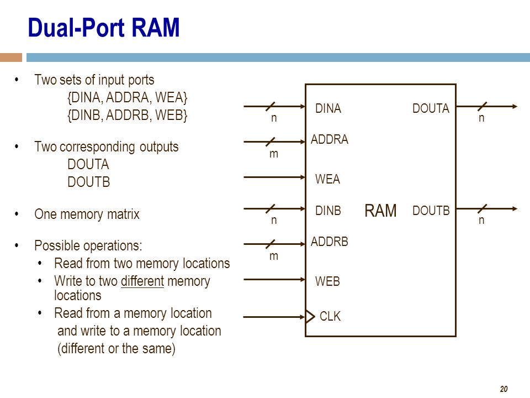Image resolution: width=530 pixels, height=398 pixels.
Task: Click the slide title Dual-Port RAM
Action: (x=103, y=28)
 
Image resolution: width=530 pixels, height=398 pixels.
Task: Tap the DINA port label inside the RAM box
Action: (x=328, y=109)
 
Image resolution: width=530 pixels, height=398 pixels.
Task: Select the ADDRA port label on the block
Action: (x=330, y=139)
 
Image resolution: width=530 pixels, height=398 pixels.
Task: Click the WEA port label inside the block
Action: (x=327, y=179)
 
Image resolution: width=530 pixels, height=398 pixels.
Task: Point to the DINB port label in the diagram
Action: (x=328, y=211)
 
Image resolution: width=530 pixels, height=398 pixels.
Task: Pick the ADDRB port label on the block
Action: (x=330, y=242)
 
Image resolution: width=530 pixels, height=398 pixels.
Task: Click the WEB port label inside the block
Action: (x=327, y=281)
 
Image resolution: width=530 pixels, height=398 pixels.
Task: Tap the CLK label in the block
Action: (x=330, y=316)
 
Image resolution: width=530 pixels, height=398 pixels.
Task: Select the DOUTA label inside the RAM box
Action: (x=431, y=109)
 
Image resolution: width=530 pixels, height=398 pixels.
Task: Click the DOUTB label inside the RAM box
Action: (x=431, y=211)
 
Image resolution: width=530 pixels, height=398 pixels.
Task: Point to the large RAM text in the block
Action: (x=380, y=211)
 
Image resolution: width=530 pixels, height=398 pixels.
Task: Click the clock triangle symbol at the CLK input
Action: (x=310, y=317)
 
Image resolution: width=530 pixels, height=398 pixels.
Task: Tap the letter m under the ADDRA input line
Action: (x=274, y=154)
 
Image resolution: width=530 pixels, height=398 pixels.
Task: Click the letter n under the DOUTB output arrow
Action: (x=481, y=221)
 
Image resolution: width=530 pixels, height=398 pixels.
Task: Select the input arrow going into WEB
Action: (x=274, y=280)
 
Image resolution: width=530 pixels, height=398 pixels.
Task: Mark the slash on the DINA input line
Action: (x=271, y=106)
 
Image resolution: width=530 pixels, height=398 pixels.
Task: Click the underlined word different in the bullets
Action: (x=142, y=281)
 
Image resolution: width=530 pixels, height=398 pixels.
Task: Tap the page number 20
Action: (x=504, y=389)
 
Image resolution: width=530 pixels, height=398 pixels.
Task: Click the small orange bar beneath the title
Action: (x=11, y=57)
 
